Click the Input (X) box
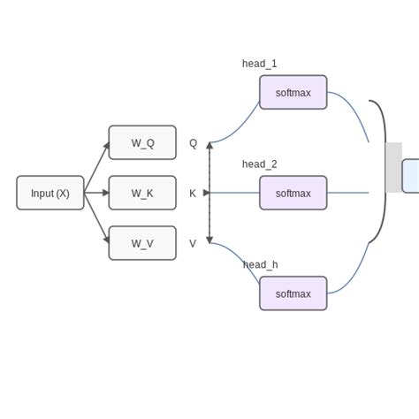tap(50, 193)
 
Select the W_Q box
tap(142, 142)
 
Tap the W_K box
tap(142, 193)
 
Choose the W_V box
tap(142, 243)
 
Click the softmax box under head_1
tap(293, 92)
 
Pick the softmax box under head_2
tap(293, 193)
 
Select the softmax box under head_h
tap(293, 293)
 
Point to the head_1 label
tap(259, 64)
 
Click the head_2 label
tap(259, 164)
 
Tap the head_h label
tap(260, 264)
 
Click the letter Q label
tap(193, 143)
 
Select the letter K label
tap(193, 194)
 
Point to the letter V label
tap(193, 244)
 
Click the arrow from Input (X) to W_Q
tap(96, 168)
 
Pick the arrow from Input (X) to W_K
tap(96, 193)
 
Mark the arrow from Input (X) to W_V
tap(96, 217)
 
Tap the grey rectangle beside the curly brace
tap(394, 167)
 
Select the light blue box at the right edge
tap(411, 176)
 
